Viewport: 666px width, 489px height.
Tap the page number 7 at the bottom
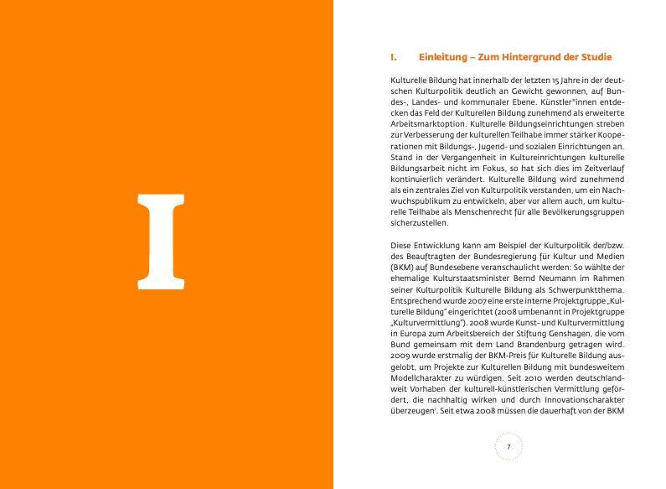tap(509, 447)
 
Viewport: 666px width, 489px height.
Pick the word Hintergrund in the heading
tap(535, 58)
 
